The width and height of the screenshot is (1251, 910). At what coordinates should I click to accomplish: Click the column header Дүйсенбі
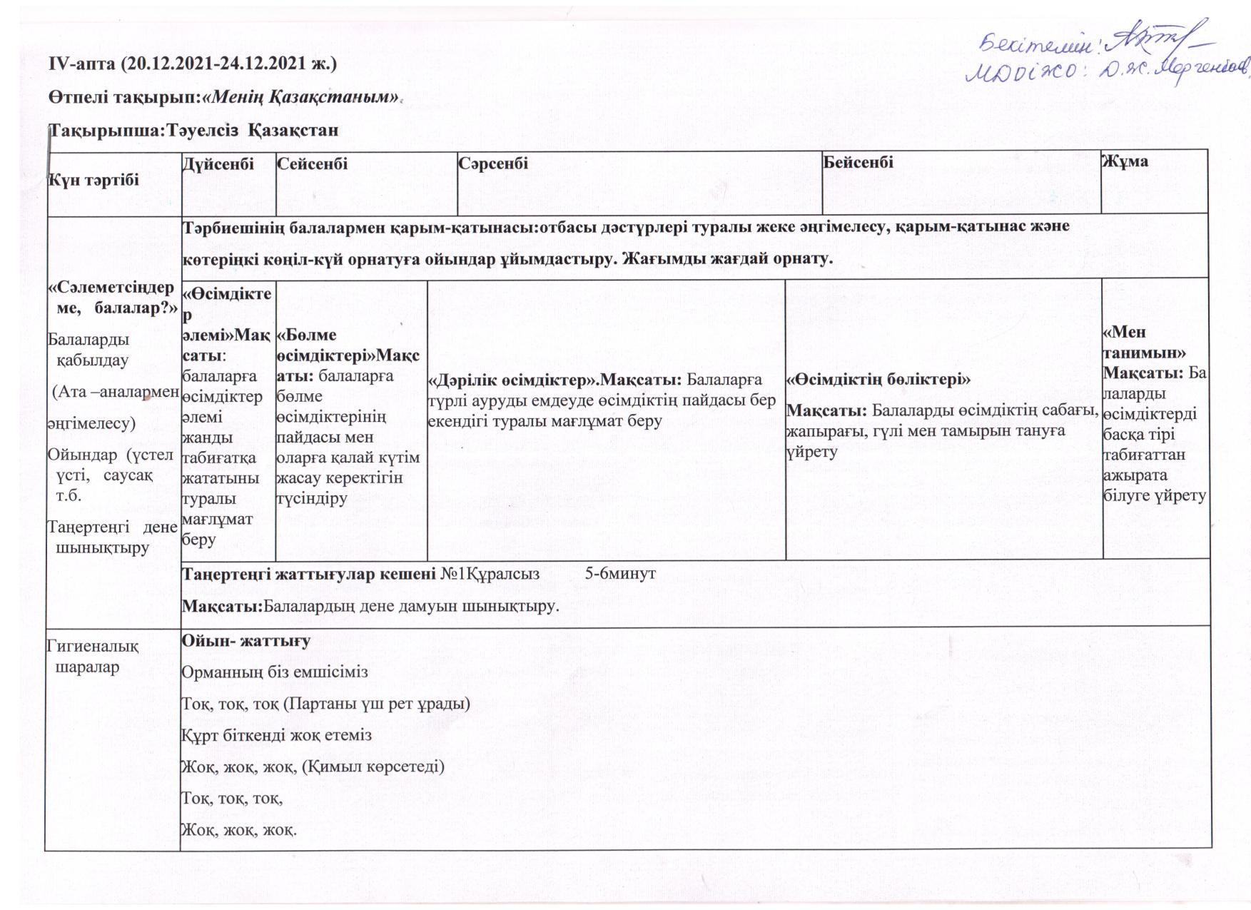218,164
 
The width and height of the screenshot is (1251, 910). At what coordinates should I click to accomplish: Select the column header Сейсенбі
312,164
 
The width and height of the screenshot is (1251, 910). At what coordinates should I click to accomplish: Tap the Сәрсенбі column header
493,163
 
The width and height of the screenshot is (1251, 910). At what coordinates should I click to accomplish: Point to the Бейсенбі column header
858,162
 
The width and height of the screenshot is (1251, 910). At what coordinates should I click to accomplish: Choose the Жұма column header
1125,161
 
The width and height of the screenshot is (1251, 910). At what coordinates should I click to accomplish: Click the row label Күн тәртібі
93,180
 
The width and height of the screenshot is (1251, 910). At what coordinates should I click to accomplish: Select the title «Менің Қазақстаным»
300,96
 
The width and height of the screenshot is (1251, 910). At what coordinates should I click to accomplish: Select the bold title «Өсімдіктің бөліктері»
878,380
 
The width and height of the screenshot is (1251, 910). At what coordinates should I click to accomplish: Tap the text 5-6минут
620,573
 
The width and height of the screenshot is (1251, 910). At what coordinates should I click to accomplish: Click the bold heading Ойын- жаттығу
245,641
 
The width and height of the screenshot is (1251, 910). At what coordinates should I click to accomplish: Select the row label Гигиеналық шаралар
92,657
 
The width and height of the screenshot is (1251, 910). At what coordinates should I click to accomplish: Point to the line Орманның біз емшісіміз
275,672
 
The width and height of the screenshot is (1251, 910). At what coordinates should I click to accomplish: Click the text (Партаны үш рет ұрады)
376,704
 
